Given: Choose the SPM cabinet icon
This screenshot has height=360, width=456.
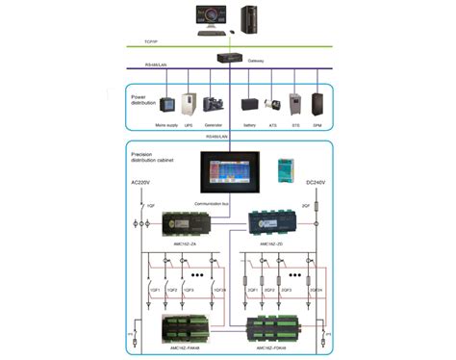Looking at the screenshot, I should [317, 104].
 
